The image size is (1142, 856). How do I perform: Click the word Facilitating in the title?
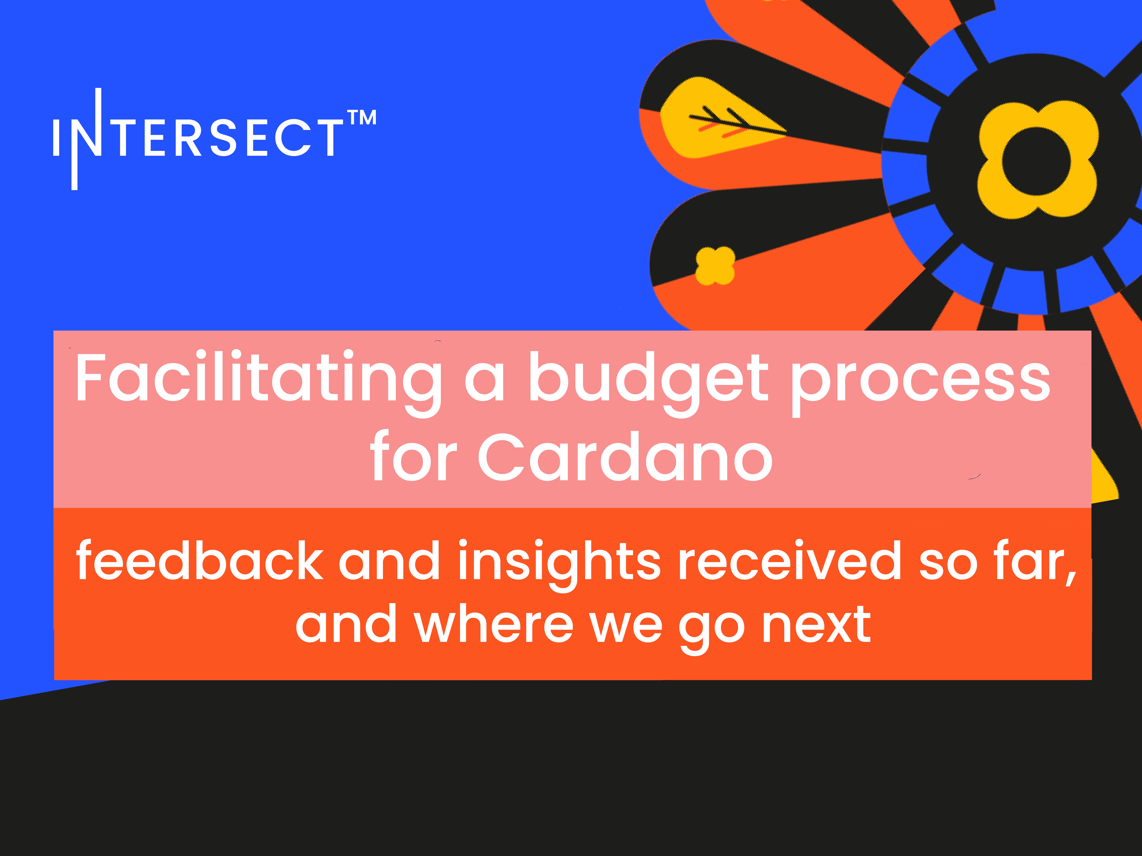click(258, 379)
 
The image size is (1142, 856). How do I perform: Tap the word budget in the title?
click(648, 379)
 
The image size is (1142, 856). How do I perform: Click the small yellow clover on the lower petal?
click(715, 266)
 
